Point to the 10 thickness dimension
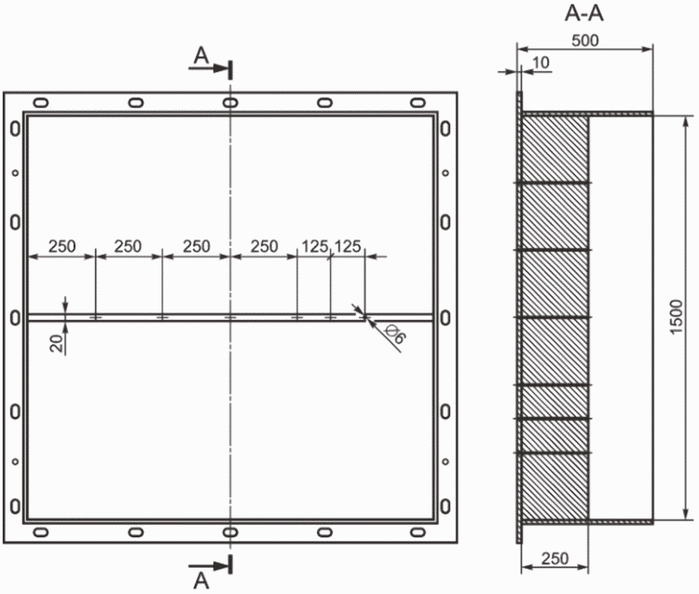(x=540, y=62)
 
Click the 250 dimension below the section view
(x=554, y=558)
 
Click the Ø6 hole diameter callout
(x=395, y=337)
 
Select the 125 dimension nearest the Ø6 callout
(x=348, y=246)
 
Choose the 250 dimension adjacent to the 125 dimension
(x=265, y=246)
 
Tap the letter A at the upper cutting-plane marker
(x=200, y=57)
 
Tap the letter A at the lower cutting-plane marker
(x=200, y=579)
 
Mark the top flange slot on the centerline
(x=230, y=102)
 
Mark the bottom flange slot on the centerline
(x=230, y=532)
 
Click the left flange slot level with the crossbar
(x=14, y=317)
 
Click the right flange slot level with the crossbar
(x=446, y=317)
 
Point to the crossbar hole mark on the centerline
(x=230, y=317)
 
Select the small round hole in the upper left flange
(x=14, y=173)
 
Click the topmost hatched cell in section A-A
(x=555, y=148)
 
